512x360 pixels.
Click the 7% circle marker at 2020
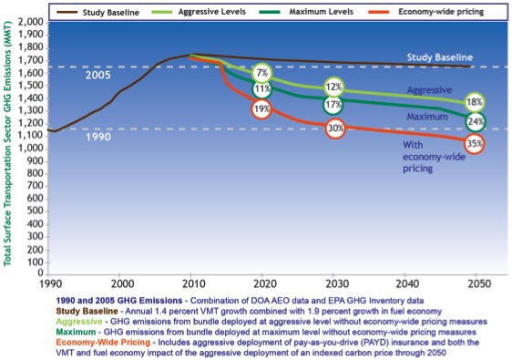[262, 72]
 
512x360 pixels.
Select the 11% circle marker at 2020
[262, 89]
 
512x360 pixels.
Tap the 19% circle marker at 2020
[262, 108]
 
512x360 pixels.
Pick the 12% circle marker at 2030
[333, 87]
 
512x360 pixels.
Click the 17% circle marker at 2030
[333, 105]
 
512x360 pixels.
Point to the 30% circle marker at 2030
[335, 129]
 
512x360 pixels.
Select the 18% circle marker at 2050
[475, 103]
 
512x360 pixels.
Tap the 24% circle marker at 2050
[475, 122]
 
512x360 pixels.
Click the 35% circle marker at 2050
[474, 144]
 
